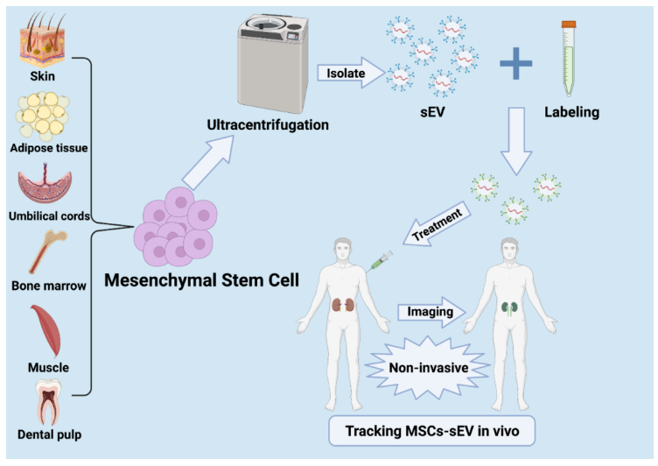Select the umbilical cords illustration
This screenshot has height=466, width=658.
coord(45,187)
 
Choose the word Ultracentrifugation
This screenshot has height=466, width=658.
coord(268,124)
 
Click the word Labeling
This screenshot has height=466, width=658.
coord(571,112)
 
